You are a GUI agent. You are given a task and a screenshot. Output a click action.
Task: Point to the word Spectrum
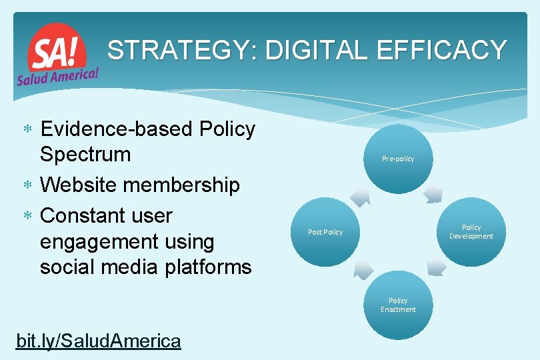(85, 154)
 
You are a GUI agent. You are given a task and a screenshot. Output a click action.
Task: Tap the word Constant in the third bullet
(85, 215)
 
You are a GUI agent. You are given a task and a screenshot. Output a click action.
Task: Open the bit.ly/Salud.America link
(98, 341)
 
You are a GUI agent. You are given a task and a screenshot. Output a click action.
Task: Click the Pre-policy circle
(398, 159)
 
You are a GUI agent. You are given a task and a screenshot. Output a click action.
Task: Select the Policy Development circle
(471, 231)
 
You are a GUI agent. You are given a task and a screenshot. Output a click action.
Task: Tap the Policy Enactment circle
(398, 305)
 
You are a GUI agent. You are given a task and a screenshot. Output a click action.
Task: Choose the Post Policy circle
(325, 232)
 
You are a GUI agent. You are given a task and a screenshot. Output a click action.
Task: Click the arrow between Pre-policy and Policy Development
(433, 194)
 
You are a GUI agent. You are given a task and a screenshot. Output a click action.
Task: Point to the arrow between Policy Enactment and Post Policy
(363, 269)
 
